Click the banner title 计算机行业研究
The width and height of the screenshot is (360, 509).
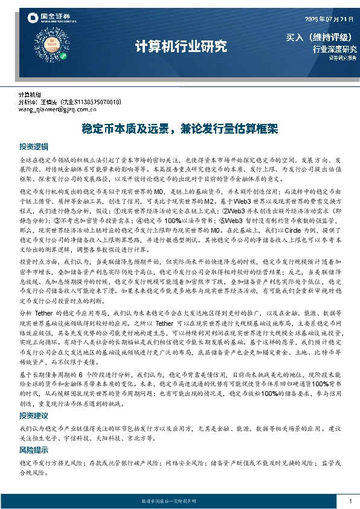(x=181, y=46)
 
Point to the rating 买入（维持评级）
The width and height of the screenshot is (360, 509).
(x=318, y=37)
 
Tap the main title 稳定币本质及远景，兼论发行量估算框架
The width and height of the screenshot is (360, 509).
(x=179, y=129)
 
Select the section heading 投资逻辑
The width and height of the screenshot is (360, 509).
(x=33, y=147)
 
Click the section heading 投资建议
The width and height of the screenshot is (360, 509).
(x=33, y=417)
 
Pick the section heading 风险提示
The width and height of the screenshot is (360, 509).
(x=33, y=450)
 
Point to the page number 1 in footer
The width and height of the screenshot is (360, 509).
(x=350, y=501)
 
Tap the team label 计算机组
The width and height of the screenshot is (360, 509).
(x=30, y=95)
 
